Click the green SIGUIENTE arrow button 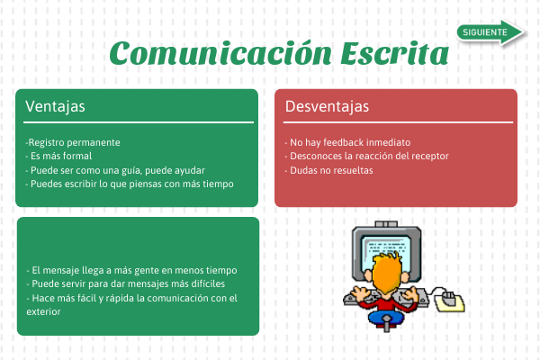(x=490, y=32)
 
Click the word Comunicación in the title (x=220, y=53)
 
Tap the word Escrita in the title (x=395, y=53)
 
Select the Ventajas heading (x=55, y=106)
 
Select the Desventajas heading (x=327, y=106)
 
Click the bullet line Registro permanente (x=73, y=142)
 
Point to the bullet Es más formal (x=58, y=156)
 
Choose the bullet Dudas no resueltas (x=328, y=170)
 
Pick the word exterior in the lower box (x=43, y=311)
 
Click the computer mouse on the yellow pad (x=448, y=297)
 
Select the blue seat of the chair (x=386, y=318)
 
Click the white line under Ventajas (x=139, y=122)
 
